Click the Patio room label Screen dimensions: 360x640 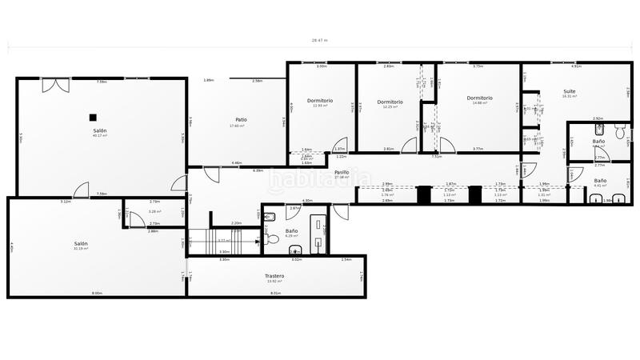pos(240,119)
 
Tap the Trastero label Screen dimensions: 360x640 pos(274,276)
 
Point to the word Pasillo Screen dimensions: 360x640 pos(342,172)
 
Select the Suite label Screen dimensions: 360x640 pos(569,91)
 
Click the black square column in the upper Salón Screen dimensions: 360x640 pos(93,117)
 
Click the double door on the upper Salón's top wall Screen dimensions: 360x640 pos(54,84)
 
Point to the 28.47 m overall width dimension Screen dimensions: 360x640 pos(319,40)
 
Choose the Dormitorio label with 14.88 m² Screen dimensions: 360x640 pos(479,98)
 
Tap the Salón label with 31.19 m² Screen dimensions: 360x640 pos(81,243)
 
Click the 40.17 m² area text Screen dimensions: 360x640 pos(100,136)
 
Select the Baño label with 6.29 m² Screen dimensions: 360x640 pos(291,230)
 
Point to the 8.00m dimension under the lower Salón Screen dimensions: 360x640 pos(97,293)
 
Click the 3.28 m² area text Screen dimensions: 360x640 pos(154,212)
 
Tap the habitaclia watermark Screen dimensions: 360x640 pos(320,180)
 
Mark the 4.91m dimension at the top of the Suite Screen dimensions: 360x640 pos(576,66)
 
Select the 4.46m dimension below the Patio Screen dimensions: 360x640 pos(237,163)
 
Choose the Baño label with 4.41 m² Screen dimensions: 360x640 pos(600,180)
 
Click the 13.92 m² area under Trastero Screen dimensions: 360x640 pos(274,282)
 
